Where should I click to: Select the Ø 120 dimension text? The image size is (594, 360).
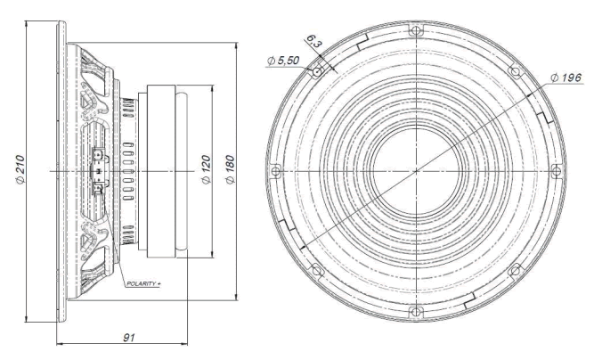click(206, 169)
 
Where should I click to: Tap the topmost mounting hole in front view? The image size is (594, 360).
click(415, 29)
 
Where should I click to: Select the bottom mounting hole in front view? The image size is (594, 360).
click(415, 311)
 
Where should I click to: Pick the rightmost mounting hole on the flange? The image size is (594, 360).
click(556, 170)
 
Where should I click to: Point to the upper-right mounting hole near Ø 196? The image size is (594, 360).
click(514, 71)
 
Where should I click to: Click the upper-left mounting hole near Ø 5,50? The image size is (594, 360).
click(315, 70)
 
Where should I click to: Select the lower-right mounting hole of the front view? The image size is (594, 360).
click(514, 270)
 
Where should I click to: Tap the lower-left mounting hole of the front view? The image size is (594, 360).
click(315, 270)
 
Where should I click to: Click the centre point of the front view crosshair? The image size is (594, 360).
click(415, 170)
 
